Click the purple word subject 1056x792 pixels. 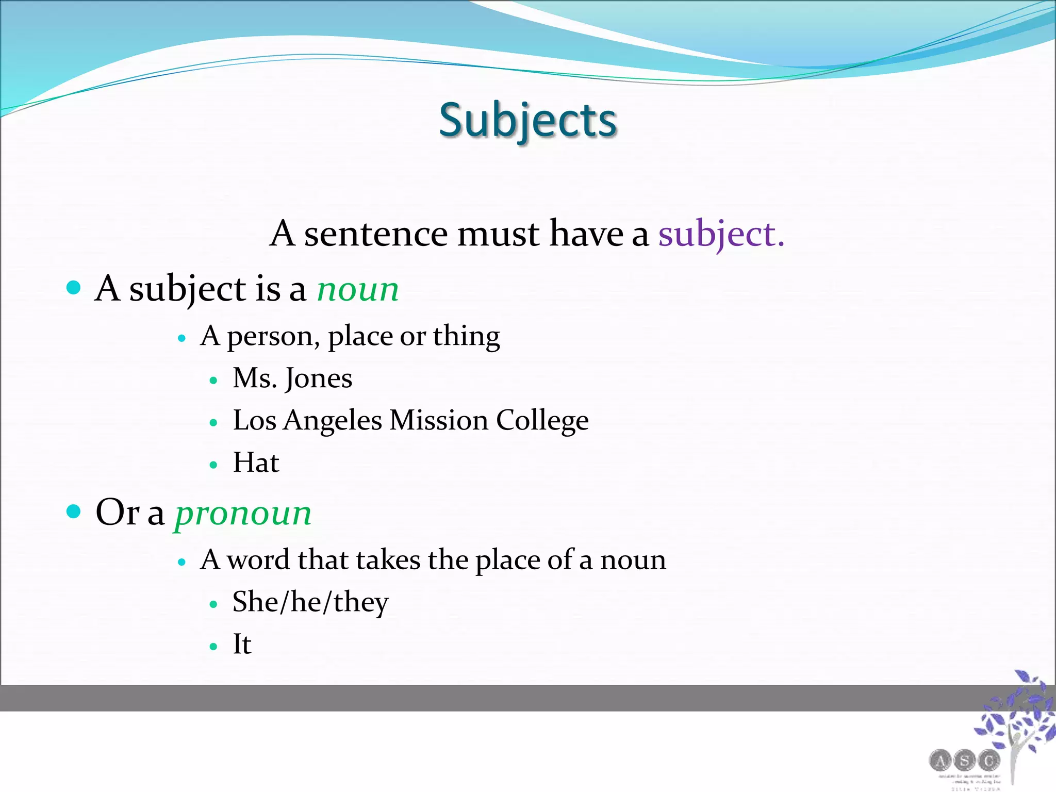pyautogui.click(x=721, y=235)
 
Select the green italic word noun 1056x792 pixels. pyautogui.click(x=358, y=289)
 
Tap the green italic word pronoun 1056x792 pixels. pyautogui.click(x=243, y=514)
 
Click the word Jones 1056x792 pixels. pyautogui.click(x=319, y=379)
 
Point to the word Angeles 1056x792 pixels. pyautogui.click(x=333, y=421)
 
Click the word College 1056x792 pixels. pyautogui.click(x=542, y=421)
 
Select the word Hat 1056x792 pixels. pyautogui.click(x=256, y=463)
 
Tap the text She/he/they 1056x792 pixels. pyautogui.click(x=310, y=602)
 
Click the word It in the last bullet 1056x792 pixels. pyautogui.click(x=242, y=644)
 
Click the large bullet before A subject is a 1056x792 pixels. pyautogui.click(x=74, y=287)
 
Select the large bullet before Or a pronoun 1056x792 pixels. pyautogui.click(x=74, y=511)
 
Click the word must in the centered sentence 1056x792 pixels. pyautogui.click(x=499, y=235)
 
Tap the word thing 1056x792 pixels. pyautogui.click(x=466, y=336)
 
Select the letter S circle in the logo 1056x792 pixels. pyautogui.click(x=964, y=760)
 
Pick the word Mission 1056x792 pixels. pyautogui.click(x=439, y=421)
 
